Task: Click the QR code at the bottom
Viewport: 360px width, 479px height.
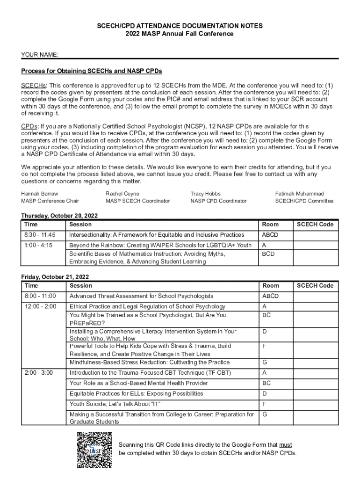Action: [95, 450]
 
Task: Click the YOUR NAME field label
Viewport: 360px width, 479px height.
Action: [40, 55]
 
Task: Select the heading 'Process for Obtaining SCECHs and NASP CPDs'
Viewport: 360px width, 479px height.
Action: [92, 71]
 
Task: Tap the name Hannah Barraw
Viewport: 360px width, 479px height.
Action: [40, 194]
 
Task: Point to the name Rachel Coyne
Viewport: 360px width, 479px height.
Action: [122, 194]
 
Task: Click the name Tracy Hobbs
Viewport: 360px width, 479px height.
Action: [205, 194]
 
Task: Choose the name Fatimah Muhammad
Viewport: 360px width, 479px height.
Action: [300, 194]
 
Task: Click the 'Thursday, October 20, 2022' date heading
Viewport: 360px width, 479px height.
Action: [59, 216]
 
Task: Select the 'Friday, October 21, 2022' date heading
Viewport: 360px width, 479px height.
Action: [55, 277]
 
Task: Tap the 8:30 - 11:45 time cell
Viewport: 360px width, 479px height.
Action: [40, 235]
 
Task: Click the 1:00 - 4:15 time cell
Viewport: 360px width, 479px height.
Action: [38, 245]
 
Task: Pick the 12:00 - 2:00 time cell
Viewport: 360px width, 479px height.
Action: [40, 306]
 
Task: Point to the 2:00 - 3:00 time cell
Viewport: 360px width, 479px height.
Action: [39, 373]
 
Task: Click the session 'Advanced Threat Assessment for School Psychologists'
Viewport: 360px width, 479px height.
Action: [141, 296]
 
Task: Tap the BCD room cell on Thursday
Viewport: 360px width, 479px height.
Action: [268, 254]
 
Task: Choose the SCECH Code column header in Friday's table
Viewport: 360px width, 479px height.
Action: [315, 286]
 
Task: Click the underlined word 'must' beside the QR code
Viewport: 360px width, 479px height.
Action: [286, 445]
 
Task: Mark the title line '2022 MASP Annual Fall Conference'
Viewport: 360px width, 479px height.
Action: [180, 34]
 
